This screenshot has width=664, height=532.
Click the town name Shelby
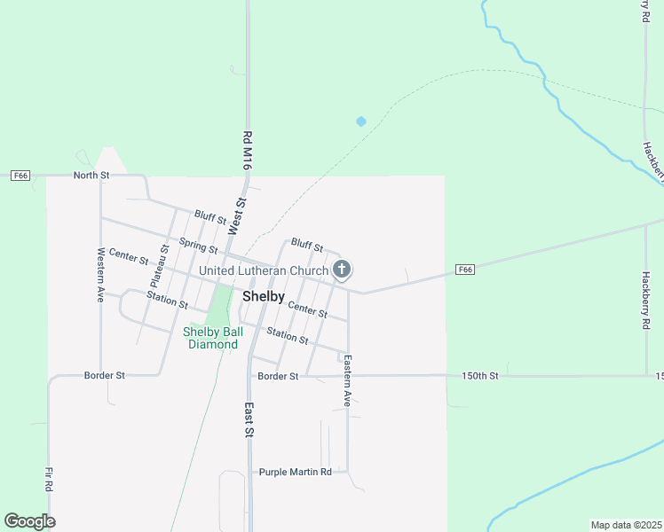(263, 297)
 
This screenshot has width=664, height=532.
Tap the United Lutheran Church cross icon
(342, 270)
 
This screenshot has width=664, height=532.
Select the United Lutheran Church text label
(264, 270)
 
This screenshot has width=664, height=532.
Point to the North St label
(91, 176)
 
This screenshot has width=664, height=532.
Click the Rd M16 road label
(248, 150)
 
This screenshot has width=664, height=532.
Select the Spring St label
(198, 245)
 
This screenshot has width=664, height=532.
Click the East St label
(250, 420)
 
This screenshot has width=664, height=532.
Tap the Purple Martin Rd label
(295, 472)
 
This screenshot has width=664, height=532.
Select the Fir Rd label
(49, 480)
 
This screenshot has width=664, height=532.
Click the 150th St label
(480, 376)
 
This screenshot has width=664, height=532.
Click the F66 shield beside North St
(20, 176)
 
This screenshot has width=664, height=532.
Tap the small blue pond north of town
(360, 121)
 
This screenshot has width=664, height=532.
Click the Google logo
(29, 521)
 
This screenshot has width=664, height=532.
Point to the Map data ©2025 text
(626, 525)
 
